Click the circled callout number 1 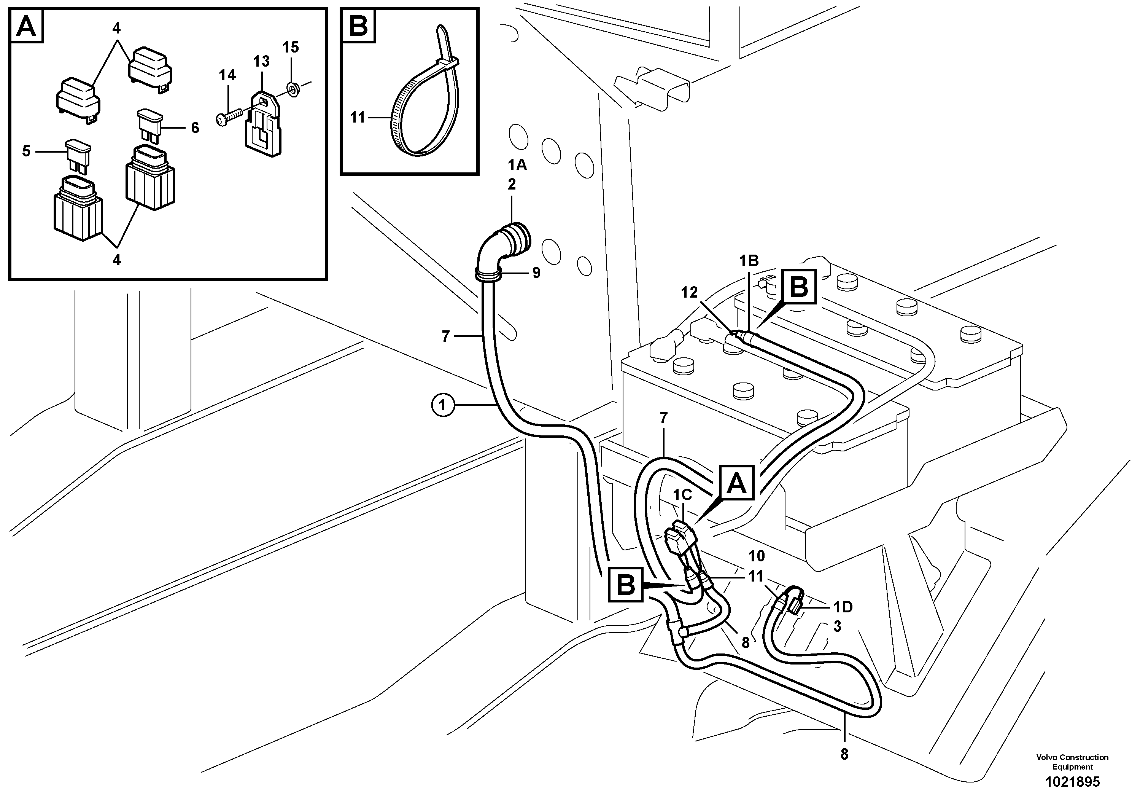pos(442,405)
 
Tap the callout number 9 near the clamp pos(536,273)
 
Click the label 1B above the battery pos(749,261)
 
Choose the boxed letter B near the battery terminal pos(799,287)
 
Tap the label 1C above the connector pos(683,495)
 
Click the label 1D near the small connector pos(842,607)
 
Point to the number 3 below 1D pos(837,626)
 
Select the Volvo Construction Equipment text pos(1072,762)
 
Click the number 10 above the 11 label pos(756,556)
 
